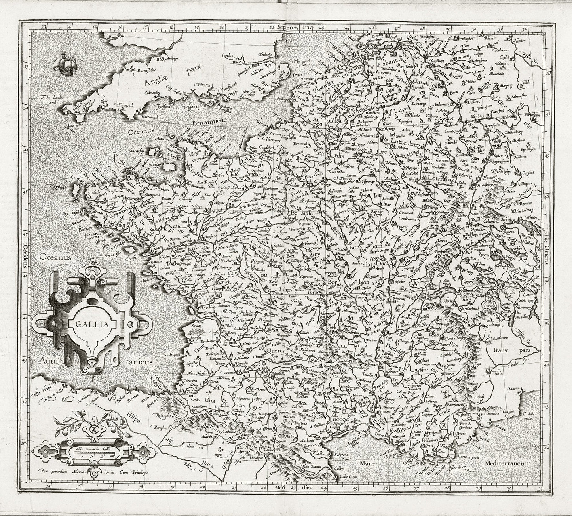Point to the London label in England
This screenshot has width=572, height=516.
pyautogui.click(x=217, y=56)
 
